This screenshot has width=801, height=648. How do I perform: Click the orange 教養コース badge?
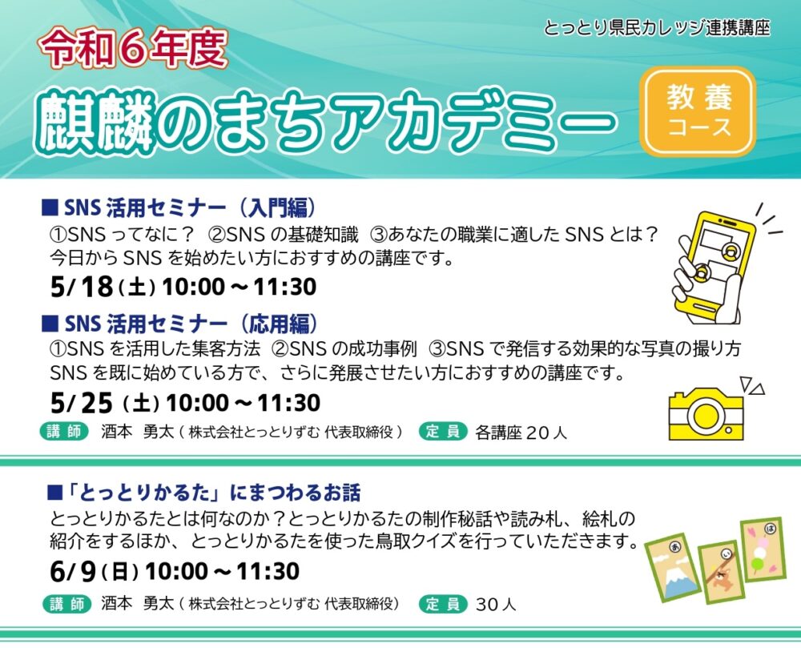click(698, 111)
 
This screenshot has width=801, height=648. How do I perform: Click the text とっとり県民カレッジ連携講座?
click(657, 27)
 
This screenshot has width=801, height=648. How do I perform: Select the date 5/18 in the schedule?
click(82, 287)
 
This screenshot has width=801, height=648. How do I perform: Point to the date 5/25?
click(82, 404)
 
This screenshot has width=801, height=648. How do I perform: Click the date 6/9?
click(73, 571)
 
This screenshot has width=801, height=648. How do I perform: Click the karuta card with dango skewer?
click(763, 550)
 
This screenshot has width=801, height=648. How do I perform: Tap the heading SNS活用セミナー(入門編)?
click(179, 207)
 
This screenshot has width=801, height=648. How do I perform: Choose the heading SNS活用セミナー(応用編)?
click(179, 324)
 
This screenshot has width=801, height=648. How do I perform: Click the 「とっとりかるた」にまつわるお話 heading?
click(203, 493)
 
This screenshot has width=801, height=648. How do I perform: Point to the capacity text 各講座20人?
click(521, 433)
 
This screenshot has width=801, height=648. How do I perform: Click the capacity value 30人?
click(496, 605)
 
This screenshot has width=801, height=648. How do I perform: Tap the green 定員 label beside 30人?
click(443, 604)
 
